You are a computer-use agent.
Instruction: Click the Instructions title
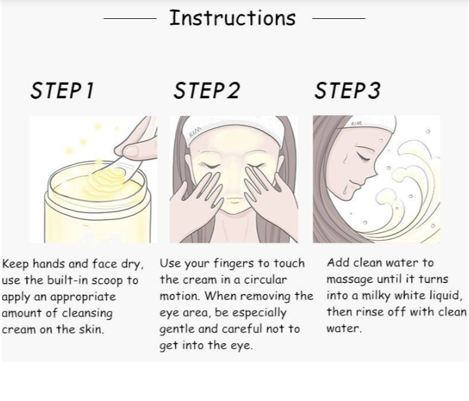click(x=233, y=18)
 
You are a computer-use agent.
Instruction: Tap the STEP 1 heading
click(x=63, y=90)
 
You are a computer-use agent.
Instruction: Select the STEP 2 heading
click(x=206, y=90)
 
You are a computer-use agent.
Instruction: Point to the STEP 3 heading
click(x=347, y=90)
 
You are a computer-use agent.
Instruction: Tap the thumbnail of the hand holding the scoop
click(x=131, y=151)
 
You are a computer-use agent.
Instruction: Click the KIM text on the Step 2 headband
click(x=195, y=131)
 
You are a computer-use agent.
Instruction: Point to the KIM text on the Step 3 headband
click(x=356, y=123)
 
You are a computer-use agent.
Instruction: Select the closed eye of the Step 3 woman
click(x=363, y=158)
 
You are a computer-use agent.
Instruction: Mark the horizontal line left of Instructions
click(x=130, y=18)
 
